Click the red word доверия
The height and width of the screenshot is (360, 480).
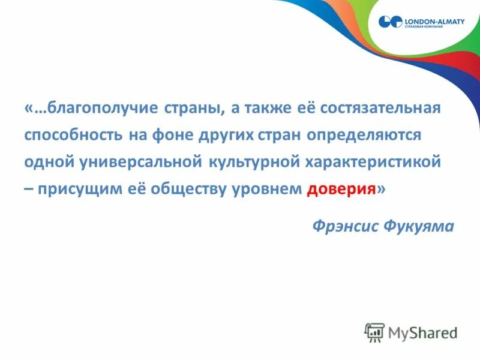[x=341, y=189]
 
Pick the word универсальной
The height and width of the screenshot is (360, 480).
[x=142, y=162]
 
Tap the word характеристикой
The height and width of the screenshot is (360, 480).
[x=369, y=162]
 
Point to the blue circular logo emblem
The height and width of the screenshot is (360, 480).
[x=389, y=23]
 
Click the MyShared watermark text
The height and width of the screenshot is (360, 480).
[x=422, y=332]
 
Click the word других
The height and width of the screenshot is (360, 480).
[x=228, y=135]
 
